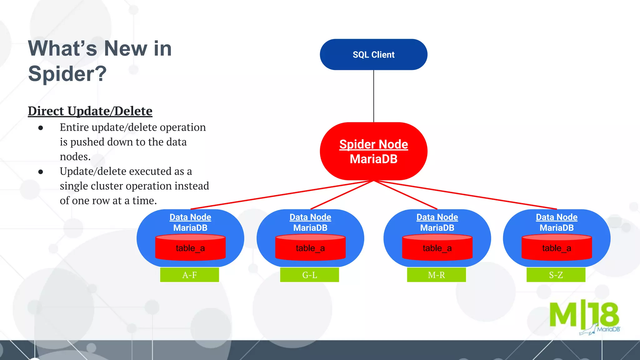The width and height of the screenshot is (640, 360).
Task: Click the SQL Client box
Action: [x=373, y=55]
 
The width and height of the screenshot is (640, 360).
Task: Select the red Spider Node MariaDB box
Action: [x=373, y=152]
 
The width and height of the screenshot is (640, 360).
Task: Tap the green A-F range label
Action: [x=189, y=275]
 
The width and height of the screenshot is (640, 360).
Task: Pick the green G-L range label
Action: [x=309, y=275]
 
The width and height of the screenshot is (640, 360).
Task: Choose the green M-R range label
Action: [x=436, y=275]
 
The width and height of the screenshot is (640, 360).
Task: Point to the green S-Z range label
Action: [x=556, y=275]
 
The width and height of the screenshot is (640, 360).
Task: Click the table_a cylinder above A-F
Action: [x=190, y=248]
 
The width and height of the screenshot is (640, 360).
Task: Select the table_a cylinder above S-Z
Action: [x=557, y=248]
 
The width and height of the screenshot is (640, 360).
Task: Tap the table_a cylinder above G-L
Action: [x=310, y=248]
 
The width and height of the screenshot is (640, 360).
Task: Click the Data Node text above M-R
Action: [x=437, y=217]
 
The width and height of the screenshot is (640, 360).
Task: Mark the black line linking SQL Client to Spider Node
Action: [x=373, y=96]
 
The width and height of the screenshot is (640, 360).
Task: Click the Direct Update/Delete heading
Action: [x=90, y=111]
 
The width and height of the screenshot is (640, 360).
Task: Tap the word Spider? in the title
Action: [x=67, y=74]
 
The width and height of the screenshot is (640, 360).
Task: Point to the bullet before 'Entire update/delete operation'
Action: [x=41, y=128]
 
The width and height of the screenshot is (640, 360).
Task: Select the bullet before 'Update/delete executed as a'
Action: [x=41, y=172]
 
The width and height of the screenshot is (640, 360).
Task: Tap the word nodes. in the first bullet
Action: [x=75, y=157]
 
